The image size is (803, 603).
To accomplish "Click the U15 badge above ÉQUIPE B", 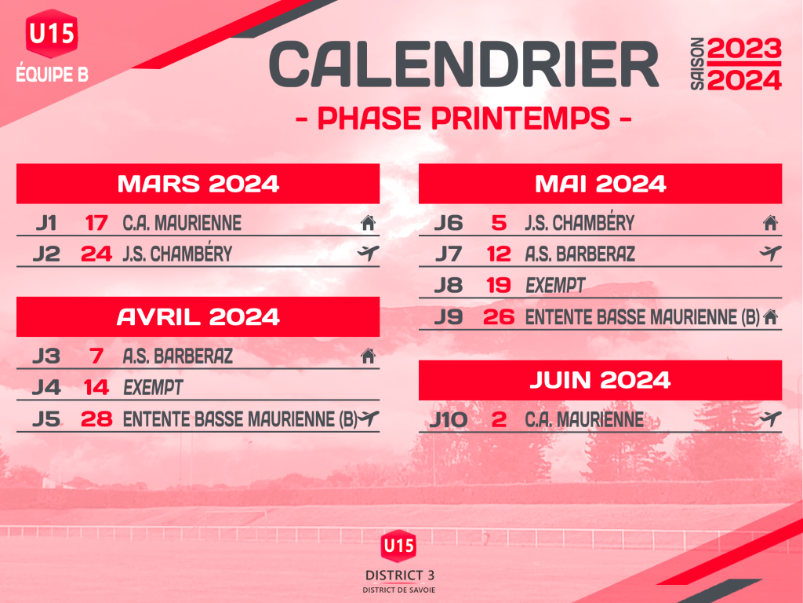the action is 52,33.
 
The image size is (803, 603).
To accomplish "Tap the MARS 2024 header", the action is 198,184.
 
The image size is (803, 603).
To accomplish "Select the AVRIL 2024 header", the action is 198,317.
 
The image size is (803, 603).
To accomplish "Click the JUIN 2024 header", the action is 600,381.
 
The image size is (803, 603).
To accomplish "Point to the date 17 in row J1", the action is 96,223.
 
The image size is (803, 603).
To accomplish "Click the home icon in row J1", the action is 369,223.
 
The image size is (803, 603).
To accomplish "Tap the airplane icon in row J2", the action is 369,253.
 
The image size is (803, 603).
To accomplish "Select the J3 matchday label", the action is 46,356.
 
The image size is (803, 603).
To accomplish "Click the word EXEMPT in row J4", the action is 153,388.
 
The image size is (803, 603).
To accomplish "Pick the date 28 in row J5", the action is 96,419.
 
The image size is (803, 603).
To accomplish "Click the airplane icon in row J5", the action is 369,418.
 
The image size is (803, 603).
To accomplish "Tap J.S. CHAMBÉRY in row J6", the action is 580,222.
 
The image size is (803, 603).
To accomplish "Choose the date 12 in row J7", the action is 499,254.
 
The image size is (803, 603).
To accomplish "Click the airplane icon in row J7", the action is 771,253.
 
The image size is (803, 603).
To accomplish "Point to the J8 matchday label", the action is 449,285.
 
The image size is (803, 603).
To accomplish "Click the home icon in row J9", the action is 770,317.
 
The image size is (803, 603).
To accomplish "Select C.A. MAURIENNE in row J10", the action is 584,419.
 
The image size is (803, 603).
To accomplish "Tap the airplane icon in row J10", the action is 771,418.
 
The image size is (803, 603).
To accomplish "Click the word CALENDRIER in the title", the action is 463,64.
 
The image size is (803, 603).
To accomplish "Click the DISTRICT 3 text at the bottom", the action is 400,576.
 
